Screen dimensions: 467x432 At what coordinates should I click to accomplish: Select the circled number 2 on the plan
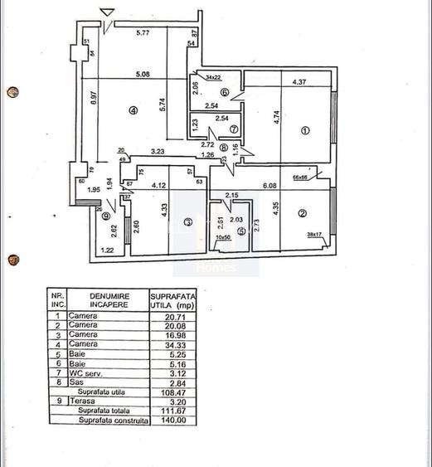click(303, 214)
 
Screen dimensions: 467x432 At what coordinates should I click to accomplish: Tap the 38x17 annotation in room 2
click(314, 234)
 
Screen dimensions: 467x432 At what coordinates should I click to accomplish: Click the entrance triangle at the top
click(106, 12)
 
